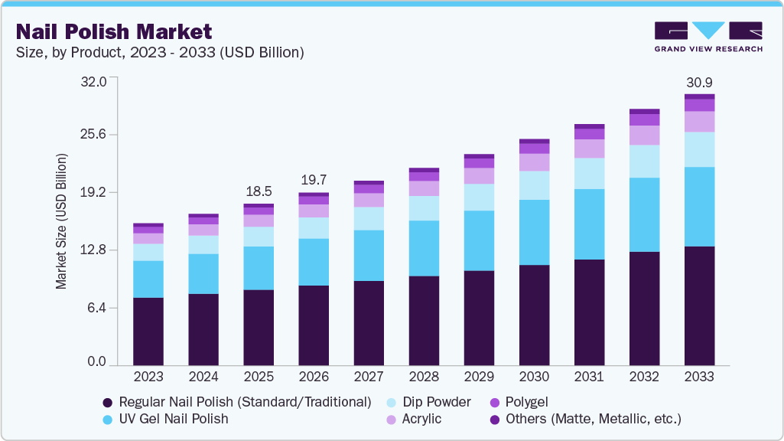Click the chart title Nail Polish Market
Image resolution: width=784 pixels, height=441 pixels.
pos(114,32)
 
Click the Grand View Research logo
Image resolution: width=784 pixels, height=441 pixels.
pos(708,37)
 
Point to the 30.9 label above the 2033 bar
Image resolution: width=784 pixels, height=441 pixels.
pos(699,82)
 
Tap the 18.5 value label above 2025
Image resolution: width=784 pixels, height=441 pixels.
pos(259,191)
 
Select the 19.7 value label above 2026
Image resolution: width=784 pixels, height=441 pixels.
pos(314,180)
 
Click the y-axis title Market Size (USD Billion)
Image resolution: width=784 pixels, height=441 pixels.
pos(60,221)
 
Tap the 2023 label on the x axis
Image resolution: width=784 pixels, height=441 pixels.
pos(148,377)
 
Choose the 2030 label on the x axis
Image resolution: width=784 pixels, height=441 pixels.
pos(534,377)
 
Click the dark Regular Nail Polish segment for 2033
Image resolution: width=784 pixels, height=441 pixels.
pos(699,305)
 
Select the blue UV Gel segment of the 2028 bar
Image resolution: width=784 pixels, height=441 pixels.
pos(424,248)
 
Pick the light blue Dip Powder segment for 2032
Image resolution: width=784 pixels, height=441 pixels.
pos(644,161)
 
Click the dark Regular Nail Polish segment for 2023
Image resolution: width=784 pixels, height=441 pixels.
pos(148,331)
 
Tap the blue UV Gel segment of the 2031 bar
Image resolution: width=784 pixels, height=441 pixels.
pos(589,224)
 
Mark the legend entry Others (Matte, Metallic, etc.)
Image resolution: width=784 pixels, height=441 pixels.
pos(585,419)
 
